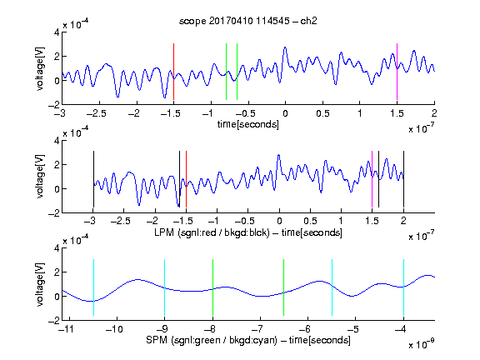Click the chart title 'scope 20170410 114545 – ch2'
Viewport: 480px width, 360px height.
[x=248, y=21]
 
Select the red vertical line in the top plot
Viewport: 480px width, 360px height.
[x=173, y=72]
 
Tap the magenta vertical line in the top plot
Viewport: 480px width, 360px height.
[x=397, y=72]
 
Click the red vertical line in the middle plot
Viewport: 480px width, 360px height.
[x=186, y=179]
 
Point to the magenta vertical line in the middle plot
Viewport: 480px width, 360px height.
[x=372, y=179]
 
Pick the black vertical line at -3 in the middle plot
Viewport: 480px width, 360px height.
[x=93, y=179]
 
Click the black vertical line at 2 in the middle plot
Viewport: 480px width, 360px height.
[x=403, y=179]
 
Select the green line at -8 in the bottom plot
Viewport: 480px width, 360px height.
[x=212, y=287]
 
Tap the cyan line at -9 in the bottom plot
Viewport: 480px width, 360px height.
[x=165, y=287]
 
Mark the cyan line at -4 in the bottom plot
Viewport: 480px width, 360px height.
[x=403, y=287]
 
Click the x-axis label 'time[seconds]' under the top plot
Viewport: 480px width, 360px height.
[x=248, y=124]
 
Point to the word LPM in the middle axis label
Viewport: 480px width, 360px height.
[x=164, y=232]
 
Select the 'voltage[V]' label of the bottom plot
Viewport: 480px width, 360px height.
[x=40, y=284]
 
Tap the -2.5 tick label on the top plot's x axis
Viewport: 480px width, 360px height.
[x=96, y=113]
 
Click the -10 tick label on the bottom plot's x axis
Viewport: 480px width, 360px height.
[x=114, y=329]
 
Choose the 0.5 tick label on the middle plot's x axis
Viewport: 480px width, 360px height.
[x=310, y=221]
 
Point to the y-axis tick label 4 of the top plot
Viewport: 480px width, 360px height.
[x=57, y=32]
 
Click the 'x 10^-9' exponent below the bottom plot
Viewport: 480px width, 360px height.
[x=421, y=344]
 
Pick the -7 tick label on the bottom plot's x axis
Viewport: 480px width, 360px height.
[x=257, y=329]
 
